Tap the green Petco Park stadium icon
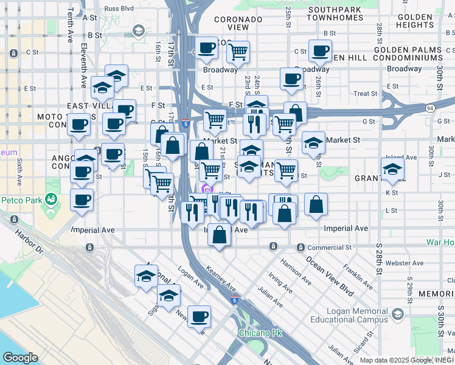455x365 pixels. point(52,199)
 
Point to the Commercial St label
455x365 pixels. point(329,248)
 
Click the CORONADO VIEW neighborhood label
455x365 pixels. point(238,23)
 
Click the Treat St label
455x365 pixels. point(366,94)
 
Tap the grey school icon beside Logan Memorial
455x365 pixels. point(398,314)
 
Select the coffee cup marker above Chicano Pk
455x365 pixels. point(199,316)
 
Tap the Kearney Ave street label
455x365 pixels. point(220,277)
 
